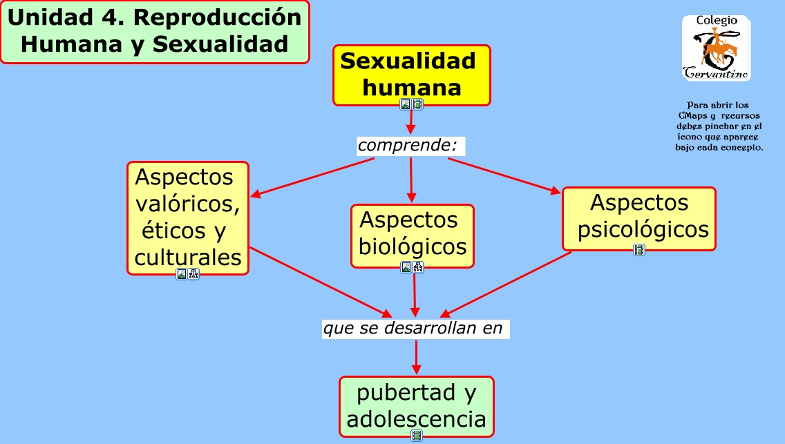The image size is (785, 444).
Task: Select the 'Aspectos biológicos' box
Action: tap(413, 235)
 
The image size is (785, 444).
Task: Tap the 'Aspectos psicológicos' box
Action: tap(639, 218)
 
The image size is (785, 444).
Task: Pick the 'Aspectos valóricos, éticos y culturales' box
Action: tap(187, 218)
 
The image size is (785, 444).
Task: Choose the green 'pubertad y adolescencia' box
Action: tap(416, 406)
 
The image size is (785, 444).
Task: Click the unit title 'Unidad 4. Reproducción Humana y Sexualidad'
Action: tap(154, 32)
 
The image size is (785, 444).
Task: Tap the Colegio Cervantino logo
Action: tap(716, 48)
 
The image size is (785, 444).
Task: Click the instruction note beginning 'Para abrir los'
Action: tap(719, 126)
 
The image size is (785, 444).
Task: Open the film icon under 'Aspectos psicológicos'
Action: tap(639, 250)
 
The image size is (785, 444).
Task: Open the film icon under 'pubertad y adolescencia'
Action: tap(417, 435)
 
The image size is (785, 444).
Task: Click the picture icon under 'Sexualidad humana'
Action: tap(406, 104)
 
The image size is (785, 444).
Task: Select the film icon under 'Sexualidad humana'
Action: tap(417, 104)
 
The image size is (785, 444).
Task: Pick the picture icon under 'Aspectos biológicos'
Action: tap(406, 267)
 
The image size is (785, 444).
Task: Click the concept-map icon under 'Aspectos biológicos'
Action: tap(418, 267)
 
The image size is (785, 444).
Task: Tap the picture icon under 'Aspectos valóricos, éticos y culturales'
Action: tap(182, 274)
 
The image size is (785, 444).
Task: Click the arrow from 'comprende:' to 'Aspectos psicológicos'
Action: tap(504, 175)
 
